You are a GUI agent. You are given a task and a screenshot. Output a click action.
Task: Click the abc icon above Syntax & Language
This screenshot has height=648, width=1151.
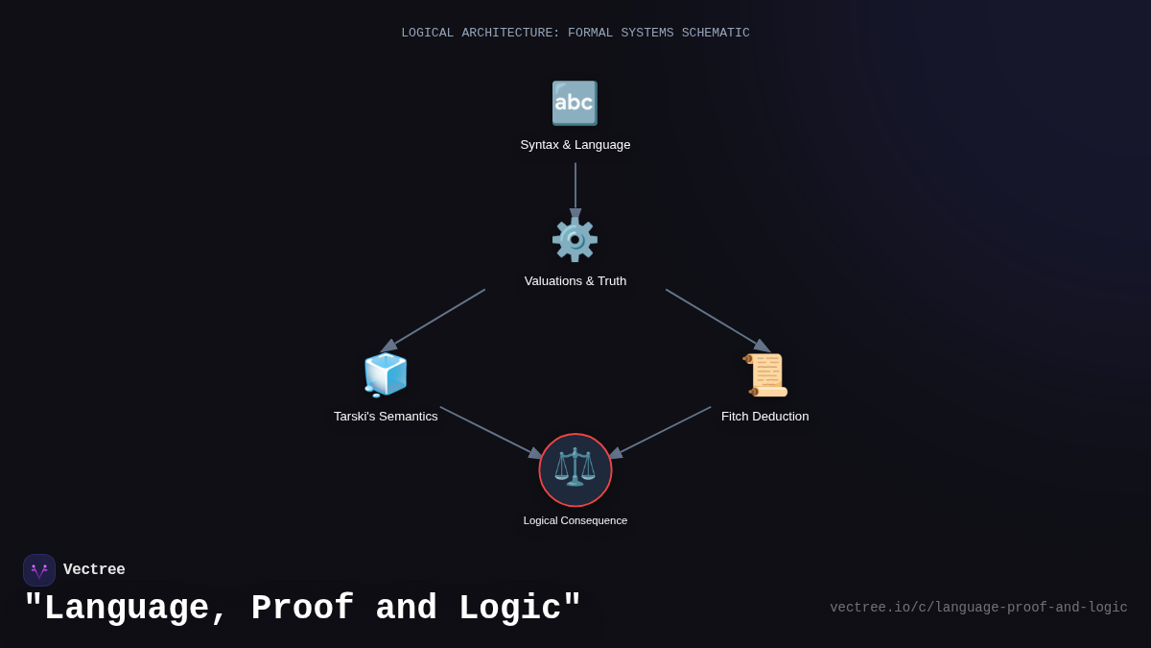575,104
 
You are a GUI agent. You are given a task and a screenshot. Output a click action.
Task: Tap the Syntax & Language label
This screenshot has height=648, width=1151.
575,145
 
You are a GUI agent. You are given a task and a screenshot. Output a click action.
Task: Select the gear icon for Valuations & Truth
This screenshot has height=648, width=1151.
575,239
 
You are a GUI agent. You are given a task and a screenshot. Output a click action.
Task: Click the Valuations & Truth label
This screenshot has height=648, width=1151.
575,281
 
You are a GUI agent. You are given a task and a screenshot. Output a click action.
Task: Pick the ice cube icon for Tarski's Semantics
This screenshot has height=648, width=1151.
386,374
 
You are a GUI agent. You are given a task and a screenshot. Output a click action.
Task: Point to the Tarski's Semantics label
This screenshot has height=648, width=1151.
386,417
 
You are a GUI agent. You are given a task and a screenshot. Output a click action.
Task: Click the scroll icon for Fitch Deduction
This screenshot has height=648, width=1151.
765,374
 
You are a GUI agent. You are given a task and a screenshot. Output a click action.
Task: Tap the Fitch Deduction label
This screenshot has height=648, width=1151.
765,417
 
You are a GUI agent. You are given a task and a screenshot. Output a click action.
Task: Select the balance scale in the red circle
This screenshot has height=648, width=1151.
575,469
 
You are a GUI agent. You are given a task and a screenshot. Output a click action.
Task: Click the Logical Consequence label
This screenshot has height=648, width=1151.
575,520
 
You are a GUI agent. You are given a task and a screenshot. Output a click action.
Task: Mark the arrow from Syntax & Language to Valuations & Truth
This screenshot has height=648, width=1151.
575,188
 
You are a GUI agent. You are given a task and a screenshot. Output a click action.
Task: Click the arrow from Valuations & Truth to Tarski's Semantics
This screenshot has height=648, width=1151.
434,321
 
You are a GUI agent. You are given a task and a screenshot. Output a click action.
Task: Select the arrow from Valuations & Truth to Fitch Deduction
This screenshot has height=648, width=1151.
717,321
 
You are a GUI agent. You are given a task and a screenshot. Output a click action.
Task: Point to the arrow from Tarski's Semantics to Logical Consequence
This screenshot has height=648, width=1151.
490,432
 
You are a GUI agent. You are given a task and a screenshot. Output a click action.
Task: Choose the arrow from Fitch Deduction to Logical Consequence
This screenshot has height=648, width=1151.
661,432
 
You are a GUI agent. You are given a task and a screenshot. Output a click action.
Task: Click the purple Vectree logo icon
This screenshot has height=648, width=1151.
39,570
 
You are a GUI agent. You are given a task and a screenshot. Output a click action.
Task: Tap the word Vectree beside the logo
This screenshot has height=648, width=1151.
94,570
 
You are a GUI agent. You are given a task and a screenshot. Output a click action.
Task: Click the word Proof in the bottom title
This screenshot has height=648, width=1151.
302,609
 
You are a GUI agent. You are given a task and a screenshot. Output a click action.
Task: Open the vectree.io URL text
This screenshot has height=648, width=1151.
978,608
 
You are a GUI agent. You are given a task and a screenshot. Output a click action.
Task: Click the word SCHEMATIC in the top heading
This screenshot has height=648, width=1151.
716,34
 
